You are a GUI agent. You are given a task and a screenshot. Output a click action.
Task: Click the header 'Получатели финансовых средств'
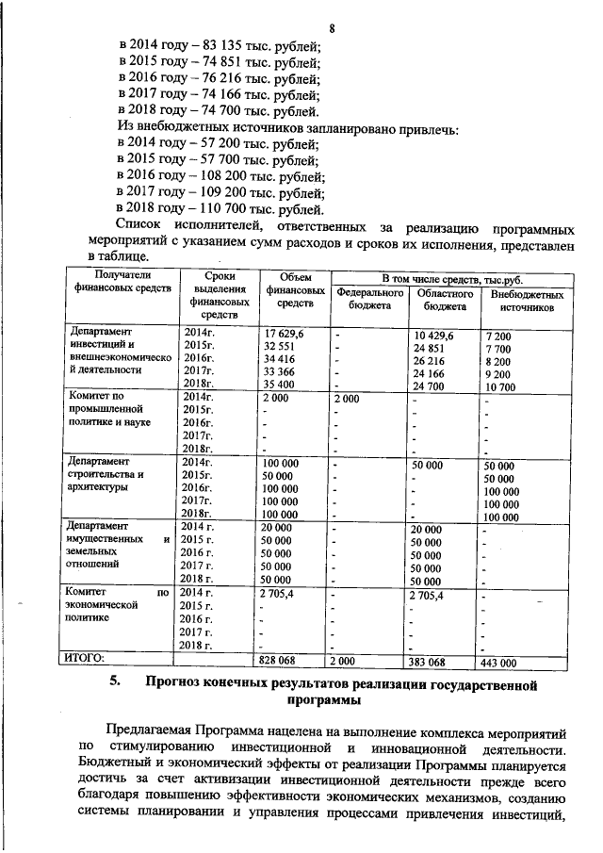115,281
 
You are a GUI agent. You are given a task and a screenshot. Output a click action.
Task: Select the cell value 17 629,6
284,335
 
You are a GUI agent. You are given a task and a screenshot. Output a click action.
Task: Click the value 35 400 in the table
281,384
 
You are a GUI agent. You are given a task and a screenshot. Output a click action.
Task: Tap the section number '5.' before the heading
114,683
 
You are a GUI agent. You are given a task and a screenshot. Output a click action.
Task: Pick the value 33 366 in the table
281,371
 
